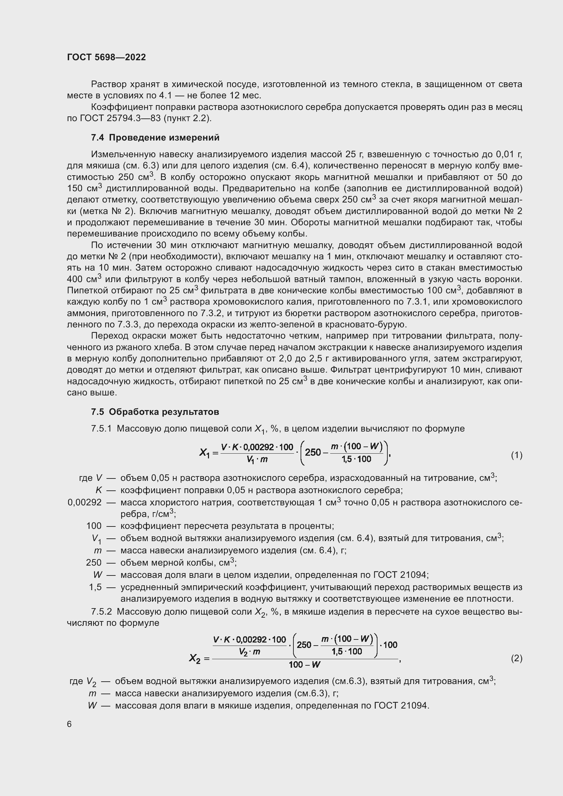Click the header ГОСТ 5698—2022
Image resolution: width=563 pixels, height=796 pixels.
coord(107,57)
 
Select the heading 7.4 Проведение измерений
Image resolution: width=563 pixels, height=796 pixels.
coord(155,137)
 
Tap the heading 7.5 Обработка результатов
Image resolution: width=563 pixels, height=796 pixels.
coord(155,412)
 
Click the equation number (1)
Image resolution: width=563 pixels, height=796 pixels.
coord(517,455)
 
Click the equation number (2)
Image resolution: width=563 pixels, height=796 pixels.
coord(517,658)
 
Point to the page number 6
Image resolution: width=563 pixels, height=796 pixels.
coord(69,724)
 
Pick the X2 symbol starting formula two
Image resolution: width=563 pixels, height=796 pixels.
coord(195,658)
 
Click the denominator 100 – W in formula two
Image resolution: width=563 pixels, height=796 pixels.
coord(304,665)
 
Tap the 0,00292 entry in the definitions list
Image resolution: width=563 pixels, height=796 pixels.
coord(85,502)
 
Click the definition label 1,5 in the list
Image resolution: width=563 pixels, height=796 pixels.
coord(95,587)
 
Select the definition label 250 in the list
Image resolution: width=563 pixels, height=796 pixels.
coord(94,563)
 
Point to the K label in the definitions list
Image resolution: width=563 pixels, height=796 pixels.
coord(98,490)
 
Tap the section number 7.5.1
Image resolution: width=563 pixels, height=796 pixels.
coord(101,429)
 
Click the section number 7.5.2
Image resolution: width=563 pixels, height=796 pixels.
coord(101,612)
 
